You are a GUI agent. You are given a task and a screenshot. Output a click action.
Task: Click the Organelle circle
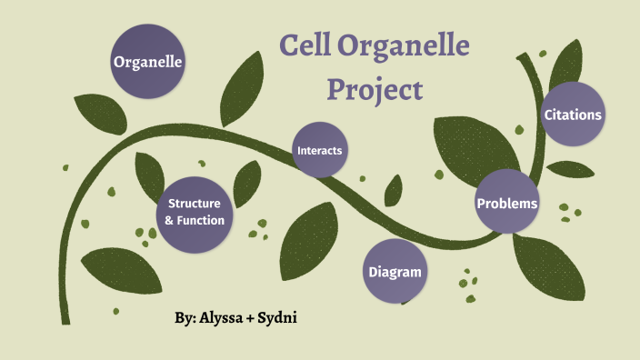coord(148,62)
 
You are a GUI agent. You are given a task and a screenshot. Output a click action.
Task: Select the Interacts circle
coord(319,150)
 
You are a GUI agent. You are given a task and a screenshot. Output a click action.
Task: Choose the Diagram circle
coord(395,272)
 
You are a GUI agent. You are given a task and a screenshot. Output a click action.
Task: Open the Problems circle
coord(507,203)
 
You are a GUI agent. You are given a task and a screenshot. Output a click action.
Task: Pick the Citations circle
coord(573,115)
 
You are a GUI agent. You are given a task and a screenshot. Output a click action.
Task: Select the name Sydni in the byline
coord(278,319)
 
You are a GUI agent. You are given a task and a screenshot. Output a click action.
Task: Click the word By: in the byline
coord(185,319)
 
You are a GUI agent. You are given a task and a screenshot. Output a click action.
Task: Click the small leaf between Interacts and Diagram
coord(393,193)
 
